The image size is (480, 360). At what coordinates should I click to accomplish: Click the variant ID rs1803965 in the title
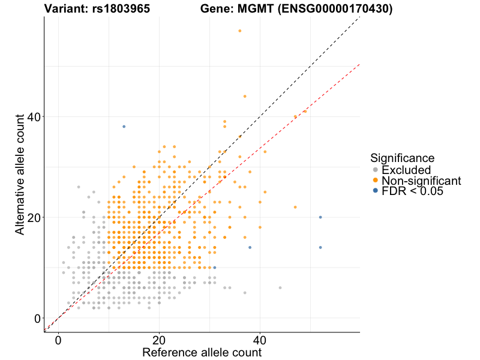tap(122, 9)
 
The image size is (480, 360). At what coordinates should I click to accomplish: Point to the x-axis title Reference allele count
tap(202, 352)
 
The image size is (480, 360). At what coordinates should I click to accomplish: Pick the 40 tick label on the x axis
tap(260, 339)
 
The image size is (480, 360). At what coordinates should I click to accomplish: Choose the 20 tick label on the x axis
tap(159, 339)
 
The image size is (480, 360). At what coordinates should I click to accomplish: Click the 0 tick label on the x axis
tap(58, 339)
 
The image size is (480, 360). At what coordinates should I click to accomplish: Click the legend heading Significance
tap(402, 158)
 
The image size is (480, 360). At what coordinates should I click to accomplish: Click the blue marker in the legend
tap(375, 191)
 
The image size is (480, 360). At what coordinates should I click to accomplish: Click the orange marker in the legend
tap(375, 181)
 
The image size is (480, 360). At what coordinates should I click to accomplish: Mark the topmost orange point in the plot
tap(240, 31)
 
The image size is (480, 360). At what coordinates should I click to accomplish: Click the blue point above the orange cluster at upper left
tap(124, 127)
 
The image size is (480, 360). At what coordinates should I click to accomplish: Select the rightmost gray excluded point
tap(280, 288)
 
